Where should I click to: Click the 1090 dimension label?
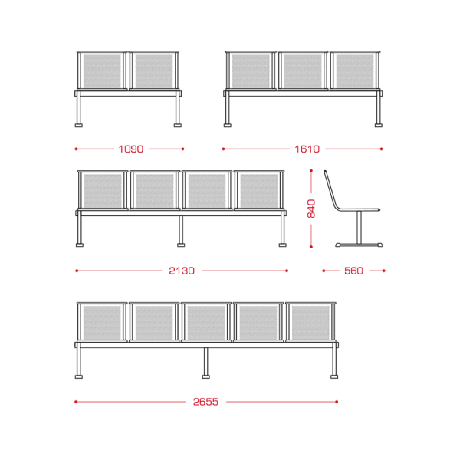131,149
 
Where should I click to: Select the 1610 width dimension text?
307,149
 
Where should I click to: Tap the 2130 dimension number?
182,271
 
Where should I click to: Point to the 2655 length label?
205,402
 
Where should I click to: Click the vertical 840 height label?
311,209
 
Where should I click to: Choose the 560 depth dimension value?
353,271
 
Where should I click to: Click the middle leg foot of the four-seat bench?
181,245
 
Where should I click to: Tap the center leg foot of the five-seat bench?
206,376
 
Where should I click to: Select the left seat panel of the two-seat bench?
102,71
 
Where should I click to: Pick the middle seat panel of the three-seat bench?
303,71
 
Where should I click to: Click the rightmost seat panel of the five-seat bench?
310,323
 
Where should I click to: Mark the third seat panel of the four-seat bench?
207,191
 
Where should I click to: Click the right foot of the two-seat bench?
178,125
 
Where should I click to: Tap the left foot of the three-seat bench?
228,125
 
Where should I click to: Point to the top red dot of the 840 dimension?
311,170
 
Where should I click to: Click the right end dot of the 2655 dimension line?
337,402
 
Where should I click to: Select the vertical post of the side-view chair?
359,227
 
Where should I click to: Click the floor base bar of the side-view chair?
359,245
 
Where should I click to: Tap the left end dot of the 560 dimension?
324,271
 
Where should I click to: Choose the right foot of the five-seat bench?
334,376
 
